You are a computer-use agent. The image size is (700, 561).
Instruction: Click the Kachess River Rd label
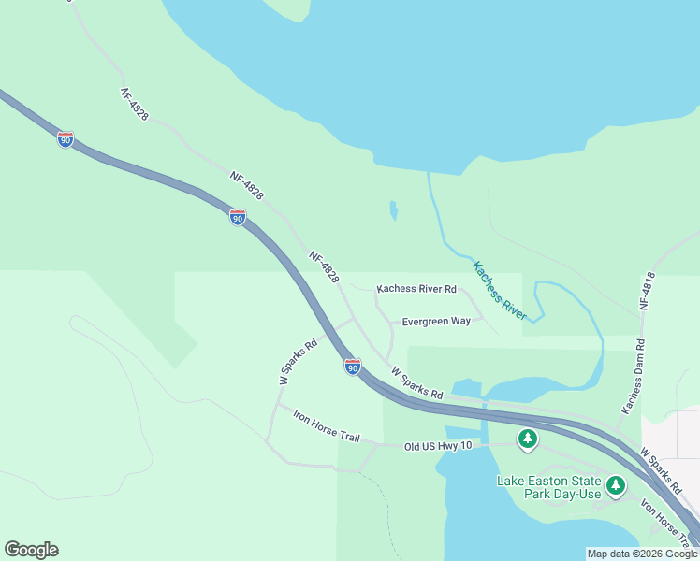[416, 289]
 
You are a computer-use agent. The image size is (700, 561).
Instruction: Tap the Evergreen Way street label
[436, 321]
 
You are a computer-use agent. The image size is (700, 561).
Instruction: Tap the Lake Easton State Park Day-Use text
[548, 487]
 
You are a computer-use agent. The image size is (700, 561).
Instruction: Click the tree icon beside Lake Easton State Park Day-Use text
[615, 484]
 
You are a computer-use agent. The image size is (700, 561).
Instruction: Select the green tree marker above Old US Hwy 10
[528, 439]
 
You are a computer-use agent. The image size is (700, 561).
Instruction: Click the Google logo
[31, 550]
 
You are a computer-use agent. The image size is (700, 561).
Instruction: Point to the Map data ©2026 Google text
[641, 554]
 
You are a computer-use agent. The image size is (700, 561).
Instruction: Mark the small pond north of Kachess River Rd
[394, 210]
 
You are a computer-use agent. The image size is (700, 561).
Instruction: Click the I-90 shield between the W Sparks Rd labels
[352, 367]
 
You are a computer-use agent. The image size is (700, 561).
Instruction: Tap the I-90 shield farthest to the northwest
[65, 139]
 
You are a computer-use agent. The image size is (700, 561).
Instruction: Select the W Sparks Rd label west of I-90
[298, 362]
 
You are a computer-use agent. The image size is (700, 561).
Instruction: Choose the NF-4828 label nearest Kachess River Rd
[324, 267]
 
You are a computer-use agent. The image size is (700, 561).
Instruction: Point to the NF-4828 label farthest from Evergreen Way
[135, 105]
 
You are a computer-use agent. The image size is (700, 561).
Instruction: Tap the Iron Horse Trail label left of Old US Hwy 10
[326, 425]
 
